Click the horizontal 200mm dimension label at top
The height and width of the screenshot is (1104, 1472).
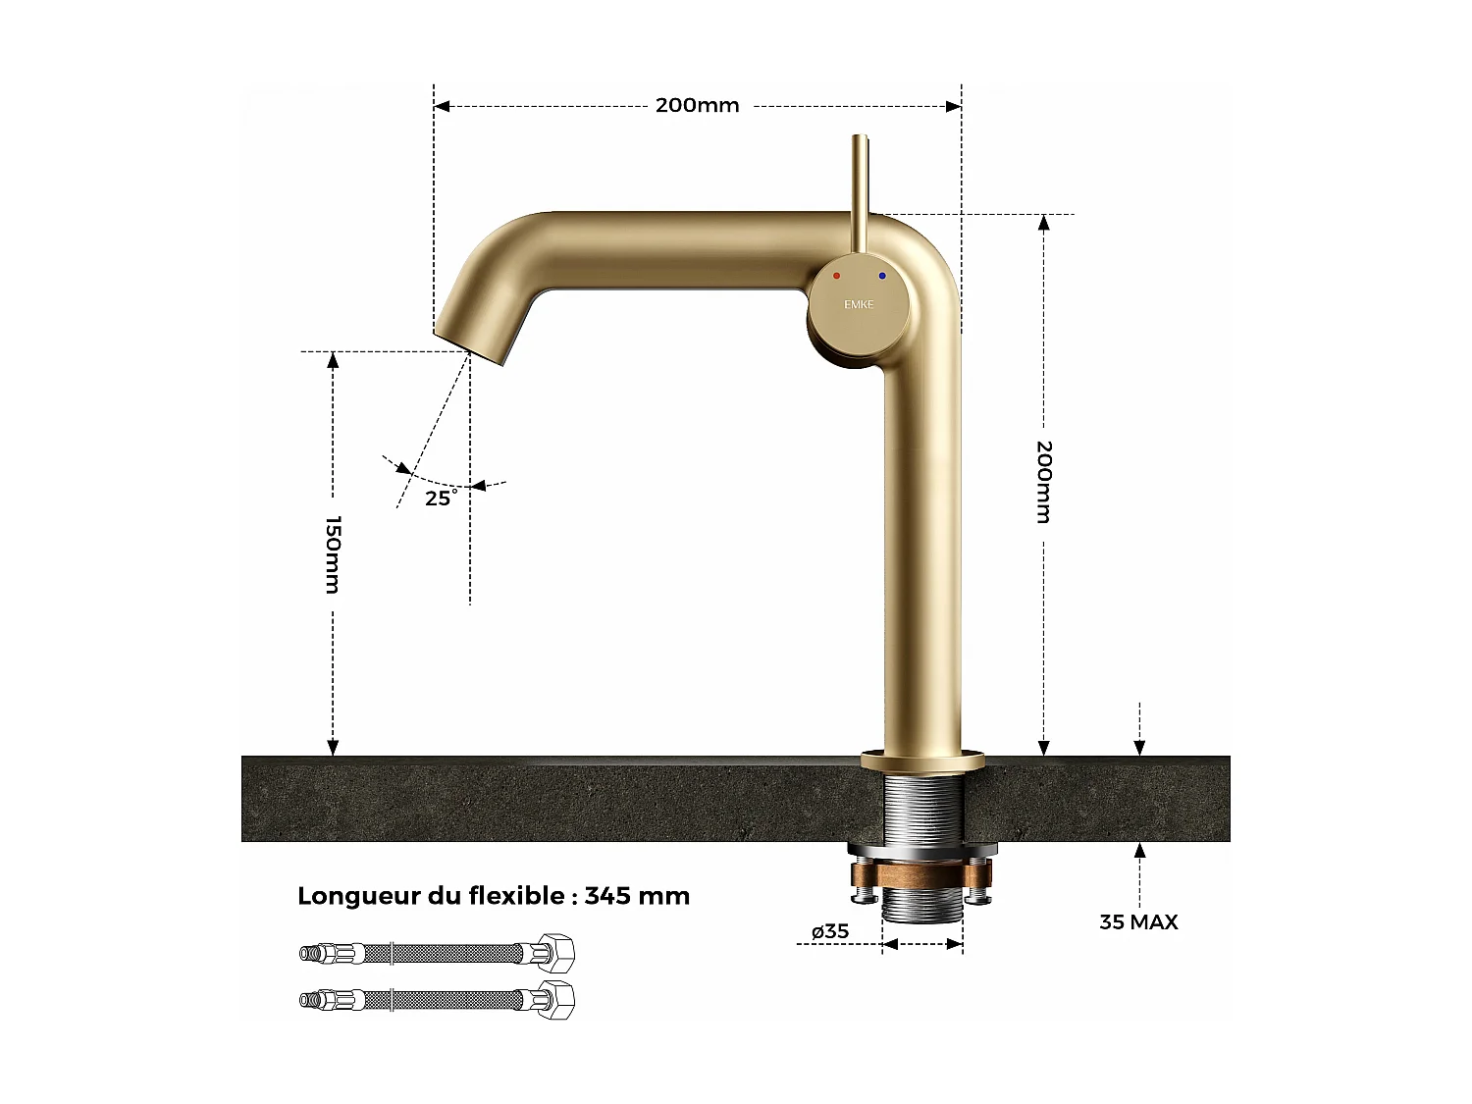[697, 105]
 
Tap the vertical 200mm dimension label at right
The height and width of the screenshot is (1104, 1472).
[1044, 482]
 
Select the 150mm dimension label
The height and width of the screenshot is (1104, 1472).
[333, 554]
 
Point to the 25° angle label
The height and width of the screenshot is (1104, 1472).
[441, 498]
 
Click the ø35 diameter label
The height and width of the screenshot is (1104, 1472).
[830, 931]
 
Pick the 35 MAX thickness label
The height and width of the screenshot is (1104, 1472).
[1138, 921]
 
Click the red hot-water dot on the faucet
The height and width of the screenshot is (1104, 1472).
[836, 276]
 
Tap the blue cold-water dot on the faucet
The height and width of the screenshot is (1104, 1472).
[882, 277]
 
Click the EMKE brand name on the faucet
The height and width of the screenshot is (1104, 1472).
[859, 304]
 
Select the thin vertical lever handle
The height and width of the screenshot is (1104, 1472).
[860, 191]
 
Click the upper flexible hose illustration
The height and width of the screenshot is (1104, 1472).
[437, 953]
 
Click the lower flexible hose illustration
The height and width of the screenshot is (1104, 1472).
[437, 1000]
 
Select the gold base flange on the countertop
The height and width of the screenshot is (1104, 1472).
[922, 760]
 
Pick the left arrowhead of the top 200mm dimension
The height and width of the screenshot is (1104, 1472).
[442, 106]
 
